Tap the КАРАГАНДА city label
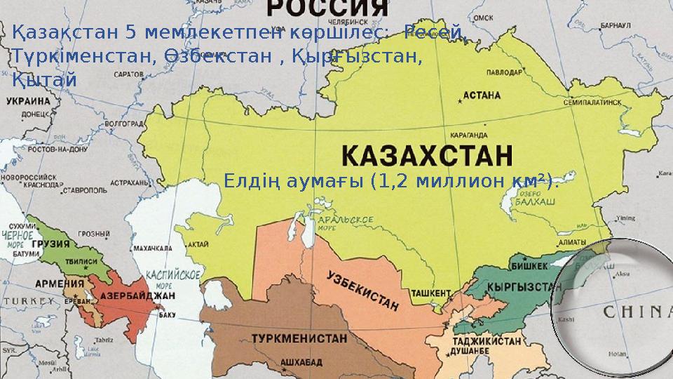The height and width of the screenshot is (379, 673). click(x=469, y=135)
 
